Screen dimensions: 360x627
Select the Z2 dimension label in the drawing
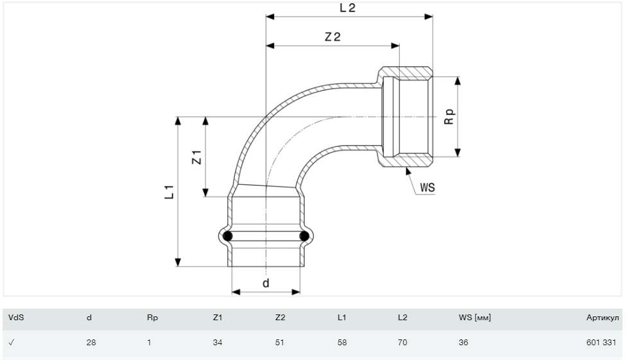(332, 37)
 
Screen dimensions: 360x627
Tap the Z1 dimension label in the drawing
(197, 157)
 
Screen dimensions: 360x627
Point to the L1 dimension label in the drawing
(168, 191)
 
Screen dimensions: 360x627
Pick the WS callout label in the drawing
(427, 188)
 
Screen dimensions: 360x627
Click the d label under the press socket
(266, 282)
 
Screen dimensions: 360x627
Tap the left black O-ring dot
(228, 237)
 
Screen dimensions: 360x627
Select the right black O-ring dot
(305, 237)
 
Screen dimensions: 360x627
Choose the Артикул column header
(602, 317)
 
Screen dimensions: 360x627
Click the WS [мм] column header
(475, 317)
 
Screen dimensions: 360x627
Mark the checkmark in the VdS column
(12, 343)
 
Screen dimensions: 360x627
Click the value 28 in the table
(90, 343)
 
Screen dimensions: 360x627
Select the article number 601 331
(601, 343)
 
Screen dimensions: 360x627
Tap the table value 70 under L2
(402, 343)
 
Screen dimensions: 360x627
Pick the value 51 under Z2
(279, 343)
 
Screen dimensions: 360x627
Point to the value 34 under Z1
(217, 343)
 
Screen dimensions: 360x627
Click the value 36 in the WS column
(464, 343)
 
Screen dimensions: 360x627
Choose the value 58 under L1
(341, 343)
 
